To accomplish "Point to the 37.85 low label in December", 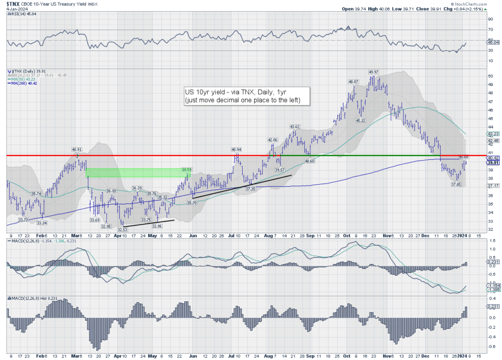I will pyautogui.click(x=456, y=184).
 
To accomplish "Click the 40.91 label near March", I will pyautogui.click(x=77, y=149).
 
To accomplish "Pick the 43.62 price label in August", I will pyautogui.click(x=295, y=126).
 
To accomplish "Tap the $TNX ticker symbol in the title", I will pyautogui.click(x=13, y=3).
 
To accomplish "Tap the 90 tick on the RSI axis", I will pyautogui.click(x=490, y=20).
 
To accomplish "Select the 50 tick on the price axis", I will pyautogui.click(x=490, y=76).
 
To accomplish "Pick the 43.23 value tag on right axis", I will pyautogui.click(x=492, y=134).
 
